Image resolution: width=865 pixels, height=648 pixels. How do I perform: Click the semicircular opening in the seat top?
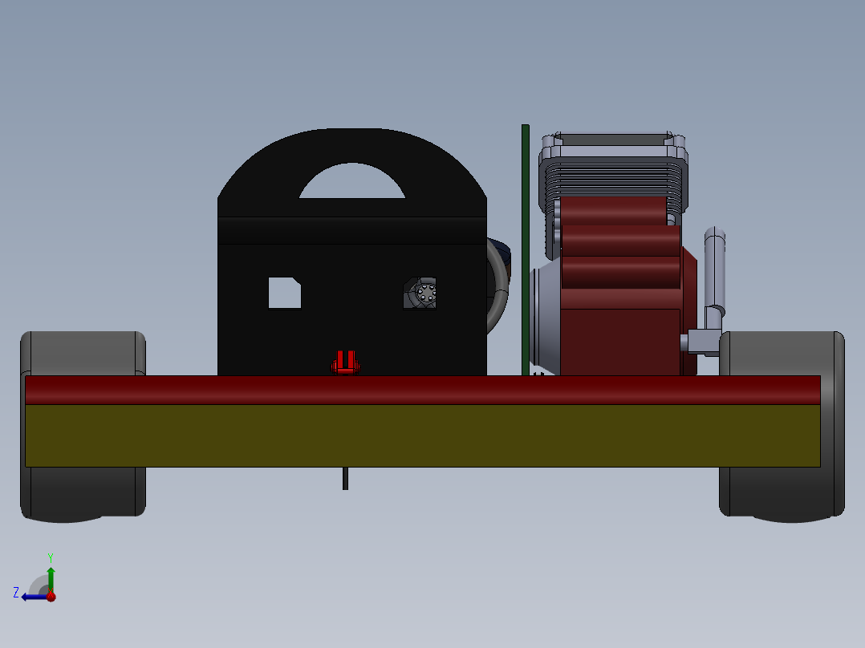coord(351,183)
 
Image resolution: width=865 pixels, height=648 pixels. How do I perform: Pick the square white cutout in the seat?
coord(284,293)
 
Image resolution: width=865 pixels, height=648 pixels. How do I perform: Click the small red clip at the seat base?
coord(345,362)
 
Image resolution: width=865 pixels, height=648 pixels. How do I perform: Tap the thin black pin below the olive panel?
coord(345,478)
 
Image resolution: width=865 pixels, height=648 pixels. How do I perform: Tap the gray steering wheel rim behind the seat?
coord(499,289)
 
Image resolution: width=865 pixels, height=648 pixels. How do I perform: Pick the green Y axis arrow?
coord(51,576)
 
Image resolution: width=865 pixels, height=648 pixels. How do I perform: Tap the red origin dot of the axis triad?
coord(51,596)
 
